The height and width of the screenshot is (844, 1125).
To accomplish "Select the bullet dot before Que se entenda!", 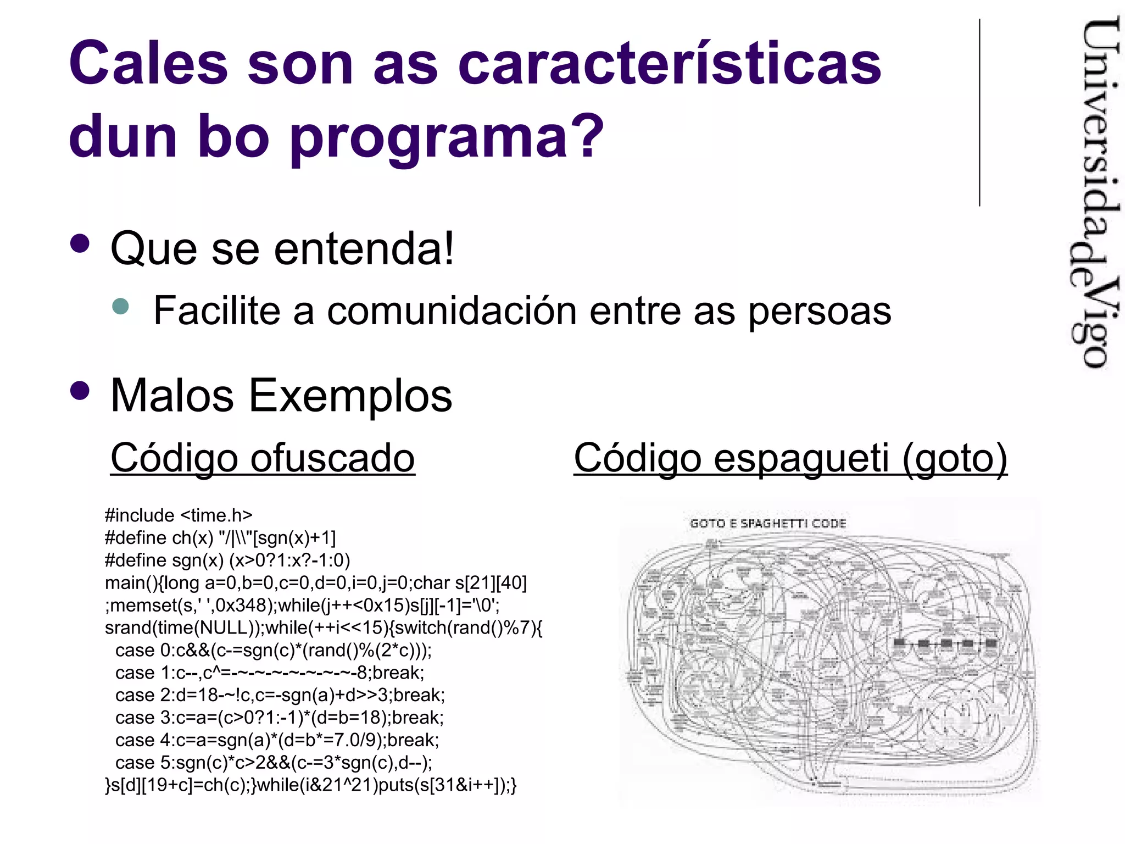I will [80, 244].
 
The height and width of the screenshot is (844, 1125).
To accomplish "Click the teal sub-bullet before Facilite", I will [120, 306].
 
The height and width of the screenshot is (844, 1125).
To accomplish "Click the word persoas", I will [820, 311].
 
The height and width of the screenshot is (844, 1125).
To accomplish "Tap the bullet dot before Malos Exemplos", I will [80, 391].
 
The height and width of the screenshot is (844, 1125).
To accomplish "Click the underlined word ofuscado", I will [332, 458].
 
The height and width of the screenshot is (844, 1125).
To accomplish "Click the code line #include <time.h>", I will [179, 515].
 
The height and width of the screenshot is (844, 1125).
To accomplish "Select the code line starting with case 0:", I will [274, 651].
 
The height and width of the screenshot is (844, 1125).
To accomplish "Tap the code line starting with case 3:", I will [279, 718].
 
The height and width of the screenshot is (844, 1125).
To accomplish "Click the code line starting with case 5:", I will [274, 763].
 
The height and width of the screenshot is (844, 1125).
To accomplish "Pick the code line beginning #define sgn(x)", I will [227, 560].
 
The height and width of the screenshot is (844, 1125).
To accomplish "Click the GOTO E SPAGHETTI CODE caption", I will [768, 523].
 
